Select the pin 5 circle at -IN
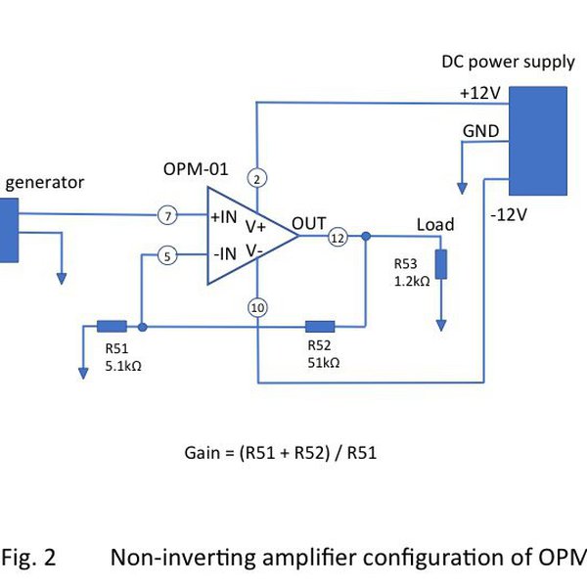167,256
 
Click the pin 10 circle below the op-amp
257,308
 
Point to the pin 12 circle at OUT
338,237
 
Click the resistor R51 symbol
112,327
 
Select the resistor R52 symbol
320,327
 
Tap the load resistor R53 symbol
441,264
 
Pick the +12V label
479,93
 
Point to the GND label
480,131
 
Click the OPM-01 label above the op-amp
196,170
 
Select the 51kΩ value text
323,362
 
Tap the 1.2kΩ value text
412,281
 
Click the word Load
435,224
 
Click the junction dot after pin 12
365,237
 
